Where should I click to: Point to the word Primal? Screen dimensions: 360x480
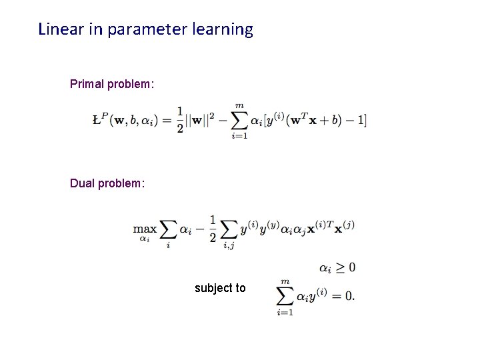pyautogui.click(x=87, y=85)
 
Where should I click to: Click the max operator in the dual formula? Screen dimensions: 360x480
pyautogui.click(x=145, y=229)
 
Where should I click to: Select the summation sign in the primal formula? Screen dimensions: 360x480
pyautogui.click(x=239, y=121)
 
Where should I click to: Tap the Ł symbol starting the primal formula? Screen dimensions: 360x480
pyautogui.click(x=97, y=121)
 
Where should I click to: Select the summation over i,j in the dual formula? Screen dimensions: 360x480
pyautogui.click(x=229, y=231)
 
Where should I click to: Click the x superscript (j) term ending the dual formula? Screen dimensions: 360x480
pyautogui.click(x=344, y=227)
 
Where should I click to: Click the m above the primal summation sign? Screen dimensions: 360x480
pyautogui.click(x=239, y=106)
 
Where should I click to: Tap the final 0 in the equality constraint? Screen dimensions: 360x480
pyautogui.click(x=349, y=296)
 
